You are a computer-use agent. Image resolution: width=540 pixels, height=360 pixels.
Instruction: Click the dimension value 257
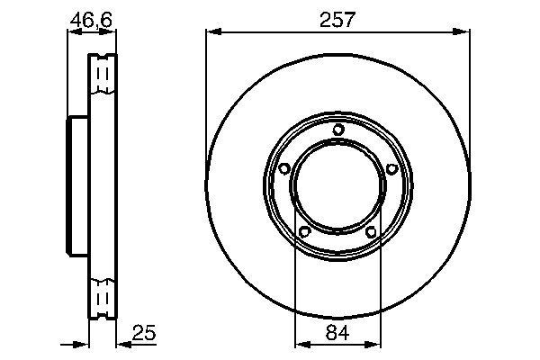coord(337,19)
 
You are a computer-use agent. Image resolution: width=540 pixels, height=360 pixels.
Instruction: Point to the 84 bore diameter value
coord(337,332)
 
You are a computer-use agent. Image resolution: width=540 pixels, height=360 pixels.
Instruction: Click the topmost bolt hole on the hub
coord(337,130)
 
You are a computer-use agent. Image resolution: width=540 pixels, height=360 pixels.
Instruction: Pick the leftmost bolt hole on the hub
coord(283,169)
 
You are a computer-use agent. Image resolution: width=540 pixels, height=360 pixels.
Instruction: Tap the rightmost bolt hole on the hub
coord(391,169)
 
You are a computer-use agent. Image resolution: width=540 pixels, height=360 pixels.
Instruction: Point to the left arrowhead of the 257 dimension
coord(212,32)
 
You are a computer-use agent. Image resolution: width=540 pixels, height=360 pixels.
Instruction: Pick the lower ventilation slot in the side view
coord(103,295)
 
